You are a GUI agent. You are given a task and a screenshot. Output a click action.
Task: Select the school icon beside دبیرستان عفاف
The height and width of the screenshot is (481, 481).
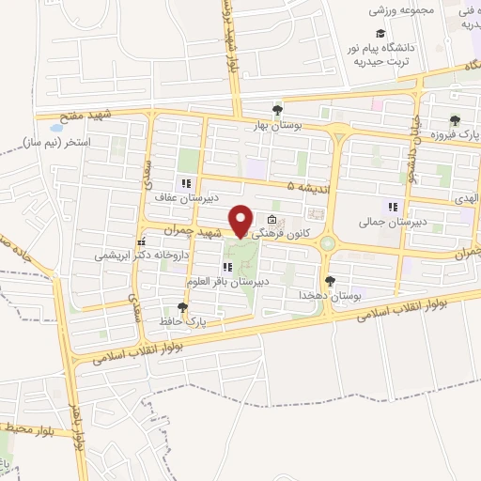[186, 183]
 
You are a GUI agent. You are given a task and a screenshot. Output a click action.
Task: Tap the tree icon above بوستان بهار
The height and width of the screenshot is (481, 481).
[276, 109]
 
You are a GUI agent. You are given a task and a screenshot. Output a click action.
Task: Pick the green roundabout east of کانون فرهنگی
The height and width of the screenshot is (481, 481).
[327, 244]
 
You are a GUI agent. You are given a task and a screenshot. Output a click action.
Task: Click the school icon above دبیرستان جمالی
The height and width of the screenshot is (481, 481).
[392, 207]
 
